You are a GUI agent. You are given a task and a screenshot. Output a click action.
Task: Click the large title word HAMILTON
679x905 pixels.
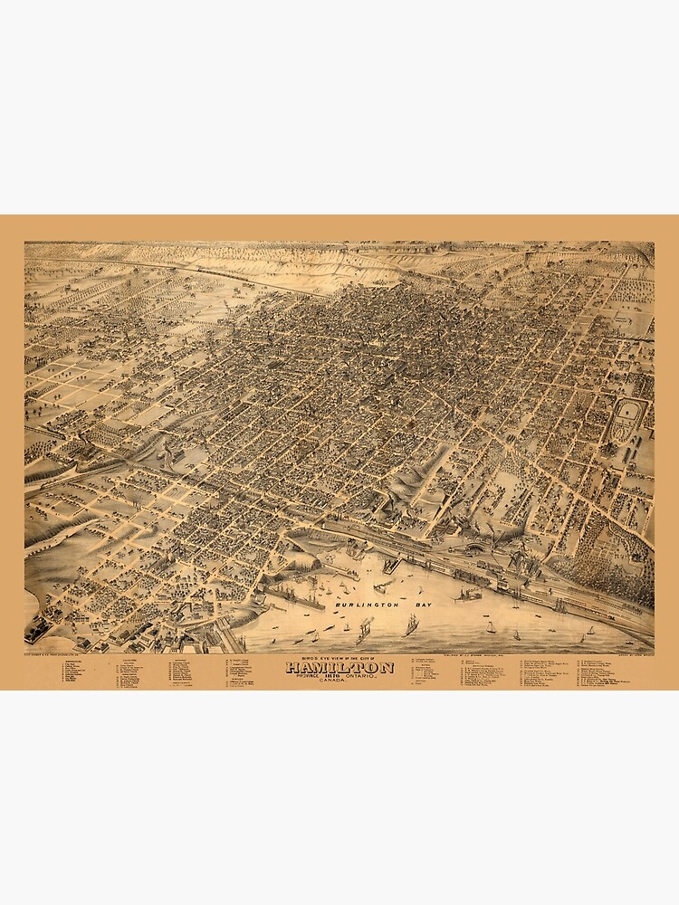[x=339, y=668]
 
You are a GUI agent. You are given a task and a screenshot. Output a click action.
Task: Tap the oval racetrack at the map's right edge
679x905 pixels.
[x=626, y=421]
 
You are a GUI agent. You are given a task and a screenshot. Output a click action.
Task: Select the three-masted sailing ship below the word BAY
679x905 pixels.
[x=411, y=624]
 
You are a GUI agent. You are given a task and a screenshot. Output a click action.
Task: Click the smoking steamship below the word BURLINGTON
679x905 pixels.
[x=364, y=630]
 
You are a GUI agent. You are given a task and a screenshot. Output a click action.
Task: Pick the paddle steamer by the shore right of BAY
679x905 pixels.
[x=468, y=594]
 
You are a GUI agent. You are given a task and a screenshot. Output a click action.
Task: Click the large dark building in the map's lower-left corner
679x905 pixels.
[x=38, y=628]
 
